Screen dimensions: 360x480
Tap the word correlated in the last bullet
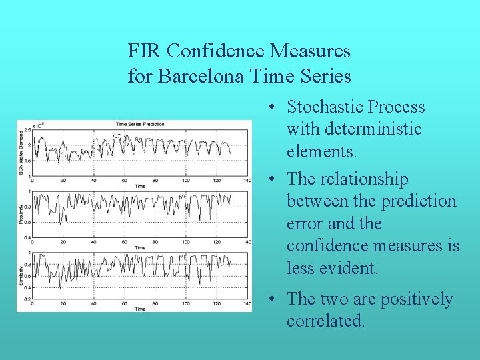tap(325, 321)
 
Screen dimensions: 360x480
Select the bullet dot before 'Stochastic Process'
tap(274, 107)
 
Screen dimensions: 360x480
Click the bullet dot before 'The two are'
tap(274, 299)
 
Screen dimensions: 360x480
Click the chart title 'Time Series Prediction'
tap(140, 124)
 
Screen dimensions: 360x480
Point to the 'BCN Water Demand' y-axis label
tap(20, 153)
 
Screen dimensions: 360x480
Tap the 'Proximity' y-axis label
tap(20, 215)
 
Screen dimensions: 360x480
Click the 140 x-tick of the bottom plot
tap(247, 304)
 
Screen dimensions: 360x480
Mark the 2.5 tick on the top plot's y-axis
tap(27, 129)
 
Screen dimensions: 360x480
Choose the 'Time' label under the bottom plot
tap(140, 309)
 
